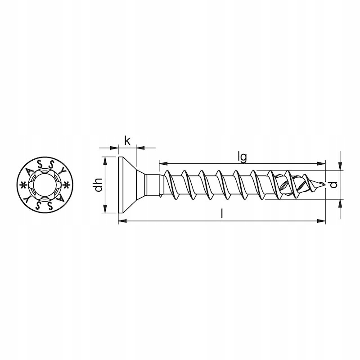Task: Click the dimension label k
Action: (x=127, y=140)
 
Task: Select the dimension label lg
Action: (x=242, y=158)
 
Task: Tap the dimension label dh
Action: (x=99, y=185)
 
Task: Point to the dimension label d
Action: (x=334, y=184)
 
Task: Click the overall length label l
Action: (x=221, y=213)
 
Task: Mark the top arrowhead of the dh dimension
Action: (x=105, y=161)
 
